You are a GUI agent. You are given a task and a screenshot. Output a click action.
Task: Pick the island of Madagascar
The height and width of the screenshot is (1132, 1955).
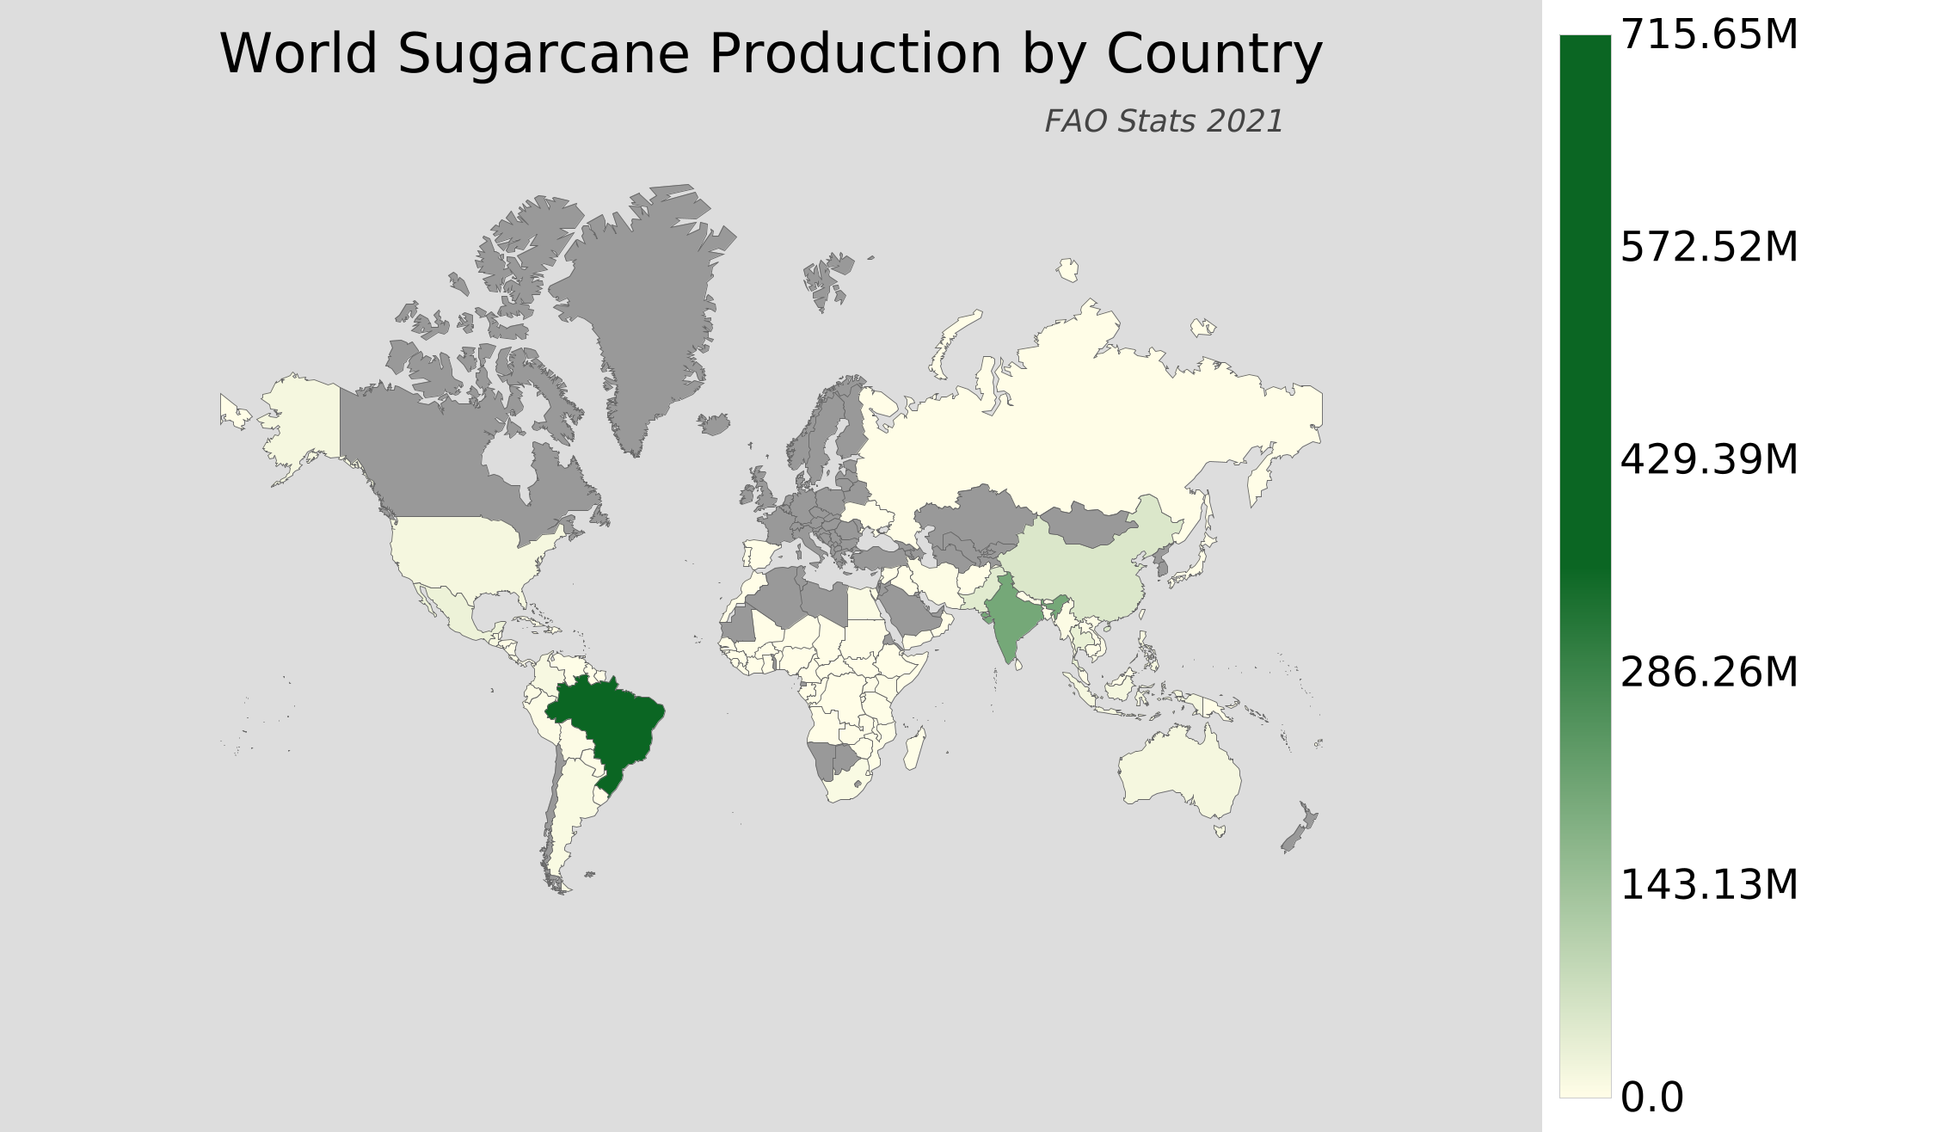click(915, 748)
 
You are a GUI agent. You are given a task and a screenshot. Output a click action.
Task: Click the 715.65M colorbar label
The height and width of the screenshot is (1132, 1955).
click(1708, 36)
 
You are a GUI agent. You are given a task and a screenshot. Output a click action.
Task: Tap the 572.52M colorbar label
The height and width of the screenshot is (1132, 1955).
click(1708, 249)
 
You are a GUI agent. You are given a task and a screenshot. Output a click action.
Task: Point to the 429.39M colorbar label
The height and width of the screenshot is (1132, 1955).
click(1708, 461)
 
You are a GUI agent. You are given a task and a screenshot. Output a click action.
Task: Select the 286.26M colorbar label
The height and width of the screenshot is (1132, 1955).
click(1708, 674)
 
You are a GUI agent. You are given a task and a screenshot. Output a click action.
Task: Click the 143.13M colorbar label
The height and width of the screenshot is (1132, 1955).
click(1708, 886)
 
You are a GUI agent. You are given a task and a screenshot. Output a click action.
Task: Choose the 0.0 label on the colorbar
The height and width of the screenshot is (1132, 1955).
click(1651, 1098)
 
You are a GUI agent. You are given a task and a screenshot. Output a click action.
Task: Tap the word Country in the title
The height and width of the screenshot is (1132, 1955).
click(1214, 55)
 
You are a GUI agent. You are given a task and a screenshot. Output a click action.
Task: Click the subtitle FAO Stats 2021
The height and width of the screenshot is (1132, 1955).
click(1164, 122)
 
